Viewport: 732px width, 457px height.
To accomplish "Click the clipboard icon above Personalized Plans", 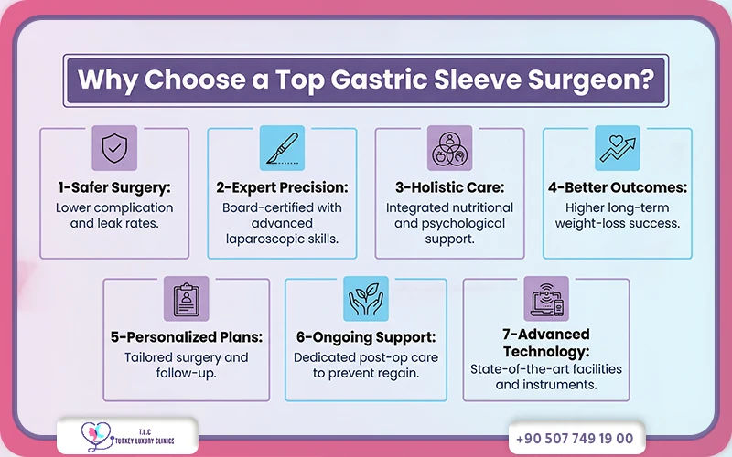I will coord(186,299).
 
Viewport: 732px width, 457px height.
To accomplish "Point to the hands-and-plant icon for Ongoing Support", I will coord(365,299).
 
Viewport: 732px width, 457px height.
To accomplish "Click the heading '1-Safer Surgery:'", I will coord(113,188).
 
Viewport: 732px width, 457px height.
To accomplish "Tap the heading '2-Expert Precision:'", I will coord(282,188).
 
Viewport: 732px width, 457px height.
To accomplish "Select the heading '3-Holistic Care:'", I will coord(449,188).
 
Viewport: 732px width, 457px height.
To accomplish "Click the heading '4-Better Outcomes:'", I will coord(617,188).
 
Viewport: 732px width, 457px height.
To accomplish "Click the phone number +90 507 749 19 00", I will coord(581,438).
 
